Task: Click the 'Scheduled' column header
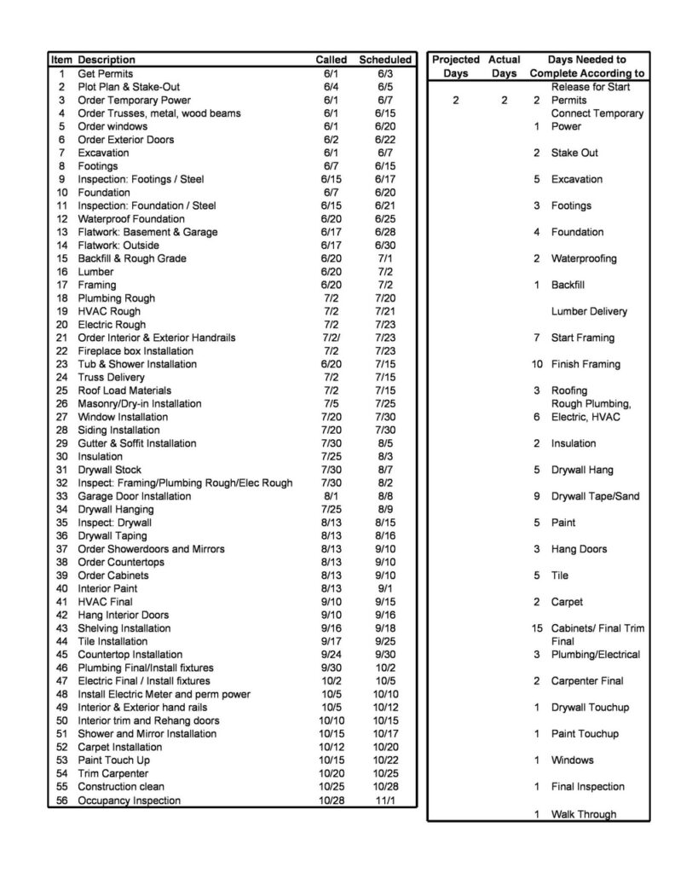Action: (x=384, y=60)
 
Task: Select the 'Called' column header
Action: (x=332, y=60)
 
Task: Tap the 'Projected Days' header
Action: (x=455, y=66)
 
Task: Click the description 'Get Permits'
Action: (x=105, y=73)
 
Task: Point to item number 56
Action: (x=61, y=801)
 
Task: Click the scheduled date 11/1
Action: (x=384, y=801)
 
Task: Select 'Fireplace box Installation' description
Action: (x=136, y=350)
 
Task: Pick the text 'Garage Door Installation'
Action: (x=134, y=496)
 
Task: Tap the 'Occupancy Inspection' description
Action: (x=129, y=801)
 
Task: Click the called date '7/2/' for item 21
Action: (x=332, y=338)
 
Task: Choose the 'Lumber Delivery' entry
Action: (x=589, y=311)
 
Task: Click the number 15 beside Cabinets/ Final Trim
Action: (x=536, y=628)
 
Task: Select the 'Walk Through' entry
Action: (x=583, y=814)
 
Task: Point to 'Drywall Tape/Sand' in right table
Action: (x=595, y=496)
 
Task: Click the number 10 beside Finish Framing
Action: (x=536, y=364)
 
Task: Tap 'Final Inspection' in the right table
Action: (x=587, y=787)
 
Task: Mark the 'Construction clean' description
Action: (x=121, y=787)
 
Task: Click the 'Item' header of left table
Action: (x=61, y=60)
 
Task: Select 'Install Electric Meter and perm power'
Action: (x=164, y=694)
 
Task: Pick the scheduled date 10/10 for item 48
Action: (x=384, y=694)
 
